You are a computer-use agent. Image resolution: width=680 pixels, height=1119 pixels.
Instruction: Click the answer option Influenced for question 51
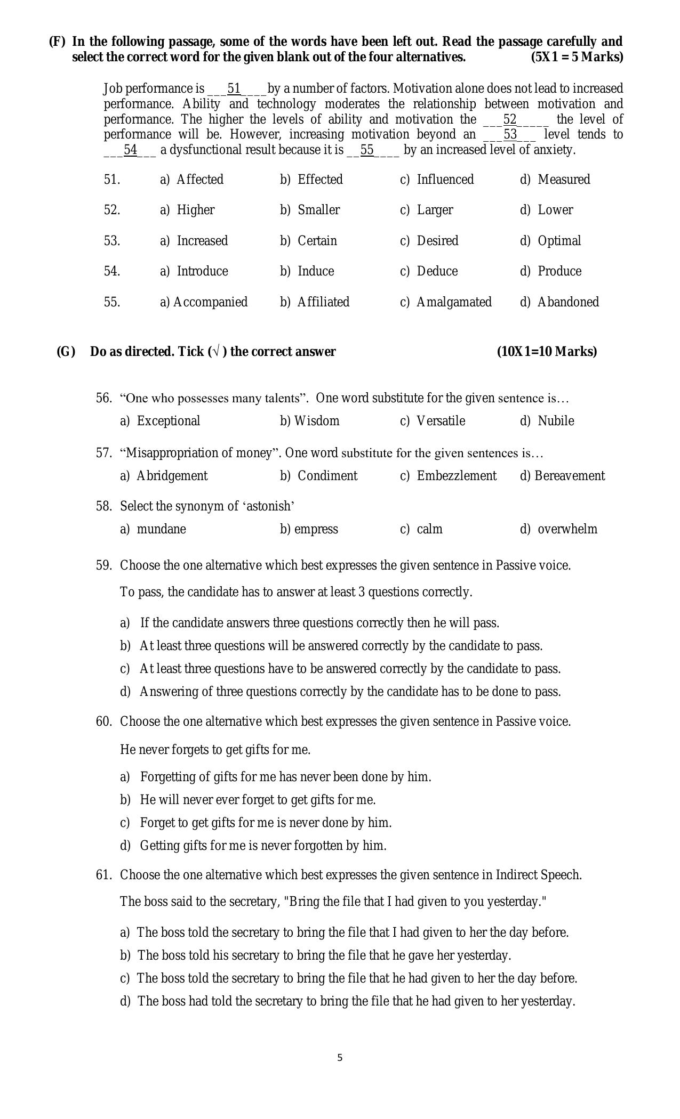445,180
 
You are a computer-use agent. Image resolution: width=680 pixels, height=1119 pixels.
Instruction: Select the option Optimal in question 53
559,241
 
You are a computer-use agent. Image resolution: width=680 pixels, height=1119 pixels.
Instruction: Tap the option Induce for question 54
315,271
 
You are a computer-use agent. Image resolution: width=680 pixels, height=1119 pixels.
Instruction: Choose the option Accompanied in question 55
210,302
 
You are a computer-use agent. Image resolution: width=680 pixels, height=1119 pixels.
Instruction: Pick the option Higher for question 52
195,210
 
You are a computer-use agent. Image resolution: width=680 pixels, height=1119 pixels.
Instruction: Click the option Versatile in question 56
441,421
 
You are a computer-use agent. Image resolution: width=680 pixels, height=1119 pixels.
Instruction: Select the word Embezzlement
456,476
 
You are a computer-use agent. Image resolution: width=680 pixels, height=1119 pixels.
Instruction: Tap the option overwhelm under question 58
567,529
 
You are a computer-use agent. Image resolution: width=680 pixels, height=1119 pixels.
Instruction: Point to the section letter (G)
66,352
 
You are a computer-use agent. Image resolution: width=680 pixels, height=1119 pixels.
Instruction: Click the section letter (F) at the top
57,42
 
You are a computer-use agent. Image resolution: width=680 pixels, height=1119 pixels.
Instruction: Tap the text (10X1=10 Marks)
547,352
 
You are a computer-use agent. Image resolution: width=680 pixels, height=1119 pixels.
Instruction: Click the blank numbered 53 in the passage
510,134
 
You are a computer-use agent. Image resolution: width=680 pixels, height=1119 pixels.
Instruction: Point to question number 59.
103,565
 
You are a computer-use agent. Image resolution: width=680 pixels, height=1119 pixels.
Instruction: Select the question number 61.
103,875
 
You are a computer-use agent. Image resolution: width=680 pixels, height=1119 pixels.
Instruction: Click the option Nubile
556,421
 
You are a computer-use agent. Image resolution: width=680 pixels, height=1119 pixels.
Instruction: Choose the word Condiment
327,476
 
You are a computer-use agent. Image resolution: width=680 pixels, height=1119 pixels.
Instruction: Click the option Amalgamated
453,302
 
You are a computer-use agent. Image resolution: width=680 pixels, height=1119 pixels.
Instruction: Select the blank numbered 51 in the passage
234,88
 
